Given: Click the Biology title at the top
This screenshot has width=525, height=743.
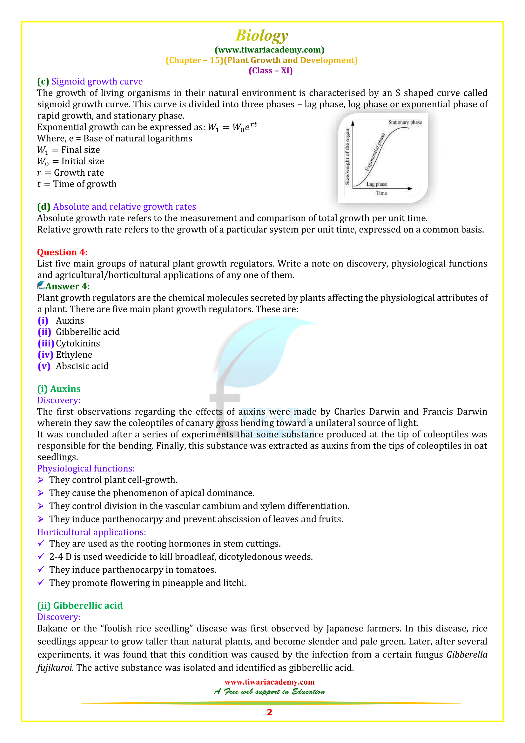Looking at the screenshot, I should (x=261, y=36).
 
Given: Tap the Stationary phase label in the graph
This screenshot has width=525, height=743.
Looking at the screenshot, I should (x=405, y=122).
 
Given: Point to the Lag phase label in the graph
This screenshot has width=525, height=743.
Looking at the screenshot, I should (x=377, y=184).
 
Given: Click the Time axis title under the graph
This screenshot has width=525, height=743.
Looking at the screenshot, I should (x=381, y=193).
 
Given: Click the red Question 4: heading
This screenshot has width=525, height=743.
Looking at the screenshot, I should (x=62, y=252).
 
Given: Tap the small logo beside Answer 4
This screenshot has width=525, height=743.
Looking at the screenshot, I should (x=41, y=286).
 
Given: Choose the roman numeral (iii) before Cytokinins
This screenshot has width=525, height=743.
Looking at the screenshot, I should (x=46, y=343).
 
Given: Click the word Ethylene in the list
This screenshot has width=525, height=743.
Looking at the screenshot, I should (x=74, y=355).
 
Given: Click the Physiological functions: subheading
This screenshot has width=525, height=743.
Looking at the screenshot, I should (x=86, y=468).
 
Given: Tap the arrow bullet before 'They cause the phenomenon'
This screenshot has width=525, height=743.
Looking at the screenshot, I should (x=41, y=493).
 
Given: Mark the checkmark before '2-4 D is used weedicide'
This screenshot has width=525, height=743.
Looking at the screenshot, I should (x=41, y=556).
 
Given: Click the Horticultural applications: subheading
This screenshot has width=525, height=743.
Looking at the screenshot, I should (x=91, y=532).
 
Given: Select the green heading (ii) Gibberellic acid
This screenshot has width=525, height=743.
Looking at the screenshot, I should (x=80, y=605).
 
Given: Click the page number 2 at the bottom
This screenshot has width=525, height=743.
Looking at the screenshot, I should (x=269, y=712).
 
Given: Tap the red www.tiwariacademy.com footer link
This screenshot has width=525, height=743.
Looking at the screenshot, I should (x=269, y=682).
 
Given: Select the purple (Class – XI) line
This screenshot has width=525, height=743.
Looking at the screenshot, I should (x=270, y=71).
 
